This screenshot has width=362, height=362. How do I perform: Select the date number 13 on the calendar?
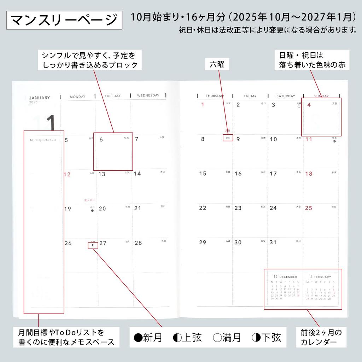[102, 174]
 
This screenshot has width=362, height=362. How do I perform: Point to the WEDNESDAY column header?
[148, 95]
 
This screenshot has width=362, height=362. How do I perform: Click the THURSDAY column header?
[215, 96]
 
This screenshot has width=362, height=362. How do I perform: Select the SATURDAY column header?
[286, 96]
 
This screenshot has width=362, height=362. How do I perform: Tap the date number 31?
[273, 243]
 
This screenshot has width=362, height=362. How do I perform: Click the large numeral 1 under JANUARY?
[51, 123]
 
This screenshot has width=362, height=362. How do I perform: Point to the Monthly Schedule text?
[43, 140]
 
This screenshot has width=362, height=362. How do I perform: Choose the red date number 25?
[309, 208]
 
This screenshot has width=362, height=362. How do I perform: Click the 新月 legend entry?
[148, 338]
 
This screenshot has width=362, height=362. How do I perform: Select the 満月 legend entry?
[227, 338]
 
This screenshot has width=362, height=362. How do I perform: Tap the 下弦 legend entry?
[267, 338]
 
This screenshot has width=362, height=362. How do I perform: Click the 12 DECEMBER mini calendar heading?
[285, 277]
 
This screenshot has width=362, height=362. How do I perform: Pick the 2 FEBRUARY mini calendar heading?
[321, 277]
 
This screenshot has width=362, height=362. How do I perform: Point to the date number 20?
[102, 209]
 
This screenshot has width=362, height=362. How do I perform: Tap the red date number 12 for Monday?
[67, 174]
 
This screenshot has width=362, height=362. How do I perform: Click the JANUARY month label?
[40, 98]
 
